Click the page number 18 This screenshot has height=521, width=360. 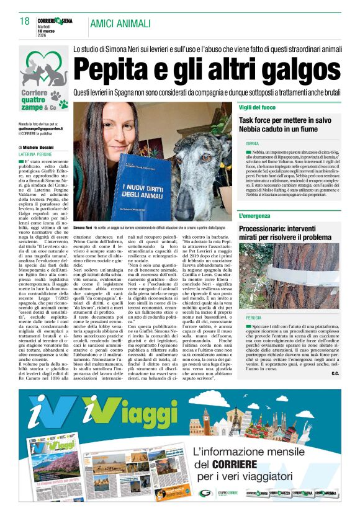[24, 22]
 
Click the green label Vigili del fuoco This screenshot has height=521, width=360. [259, 108]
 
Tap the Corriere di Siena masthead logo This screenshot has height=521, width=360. [54, 21]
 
